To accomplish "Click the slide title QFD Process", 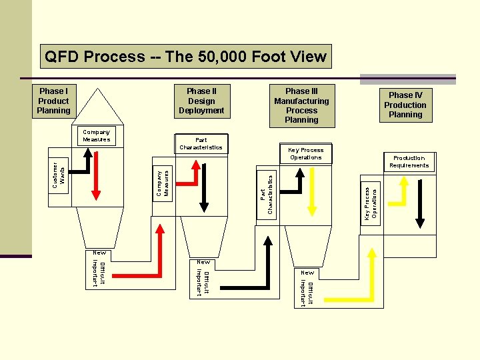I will (x=185, y=57).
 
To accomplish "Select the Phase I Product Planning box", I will (x=53, y=101).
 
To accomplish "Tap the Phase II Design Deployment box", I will (x=201, y=101).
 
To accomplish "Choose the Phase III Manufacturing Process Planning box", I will (x=301, y=105).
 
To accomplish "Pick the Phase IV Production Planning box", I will (x=405, y=105).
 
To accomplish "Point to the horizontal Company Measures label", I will (x=97, y=135).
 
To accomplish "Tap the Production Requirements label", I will (x=409, y=162).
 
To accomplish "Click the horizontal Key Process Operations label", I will (x=306, y=154).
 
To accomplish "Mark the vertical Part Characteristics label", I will (x=267, y=194).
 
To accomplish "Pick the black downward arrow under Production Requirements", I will (x=420, y=200).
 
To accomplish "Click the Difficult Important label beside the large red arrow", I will (x=98, y=274).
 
